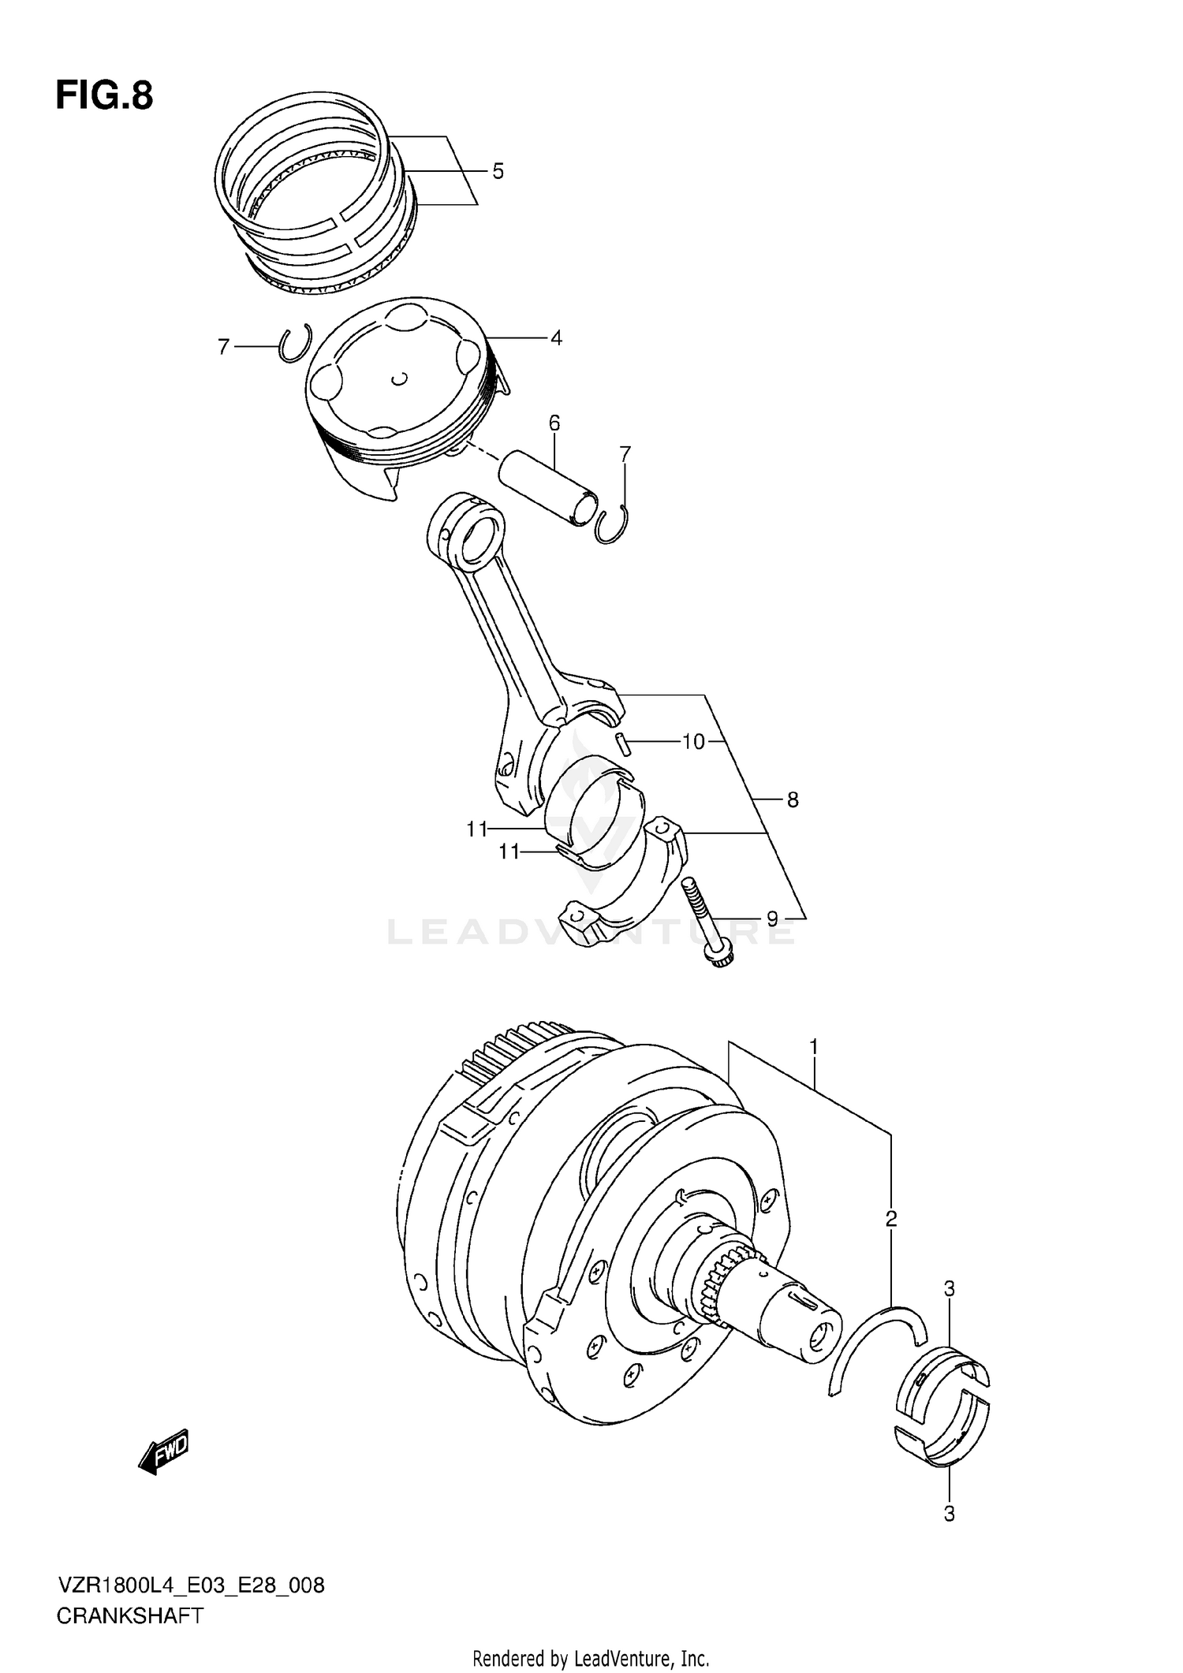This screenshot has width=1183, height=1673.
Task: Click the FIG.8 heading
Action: pyautogui.click(x=104, y=96)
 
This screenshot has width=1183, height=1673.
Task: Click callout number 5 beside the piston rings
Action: pyautogui.click(x=498, y=171)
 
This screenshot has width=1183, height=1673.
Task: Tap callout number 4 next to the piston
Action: pyautogui.click(x=556, y=338)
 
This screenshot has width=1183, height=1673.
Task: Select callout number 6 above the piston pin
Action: pyautogui.click(x=554, y=423)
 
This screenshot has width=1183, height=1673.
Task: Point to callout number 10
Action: pyautogui.click(x=693, y=741)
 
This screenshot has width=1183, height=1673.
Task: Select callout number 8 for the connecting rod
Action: pyautogui.click(x=793, y=800)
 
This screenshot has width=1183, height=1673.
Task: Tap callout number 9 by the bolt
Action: pyautogui.click(x=772, y=918)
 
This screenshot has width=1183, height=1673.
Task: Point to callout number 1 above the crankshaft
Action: pyautogui.click(x=814, y=1047)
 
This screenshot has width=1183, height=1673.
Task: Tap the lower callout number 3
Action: pyautogui.click(x=950, y=1514)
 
